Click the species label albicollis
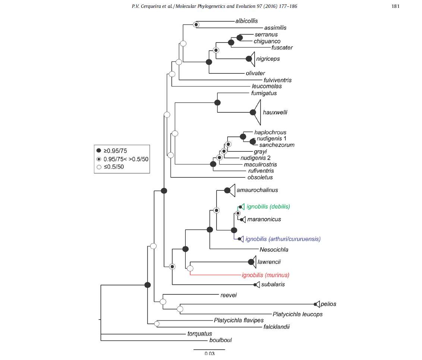point(246,21)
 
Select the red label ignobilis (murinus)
point(265,275)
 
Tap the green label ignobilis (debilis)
point(268,207)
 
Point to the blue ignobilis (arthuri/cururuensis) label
point(283,239)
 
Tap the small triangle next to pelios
point(318,304)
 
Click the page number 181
point(396,6)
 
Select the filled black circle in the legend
point(99,150)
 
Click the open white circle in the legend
point(99,167)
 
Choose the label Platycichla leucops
point(297,314)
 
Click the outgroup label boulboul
point(221,340)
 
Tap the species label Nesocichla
point(274,250)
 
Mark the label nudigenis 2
point(255,158)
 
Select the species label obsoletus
point(260,178)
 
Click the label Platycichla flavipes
point(239,320)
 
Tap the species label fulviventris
point(277,80)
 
